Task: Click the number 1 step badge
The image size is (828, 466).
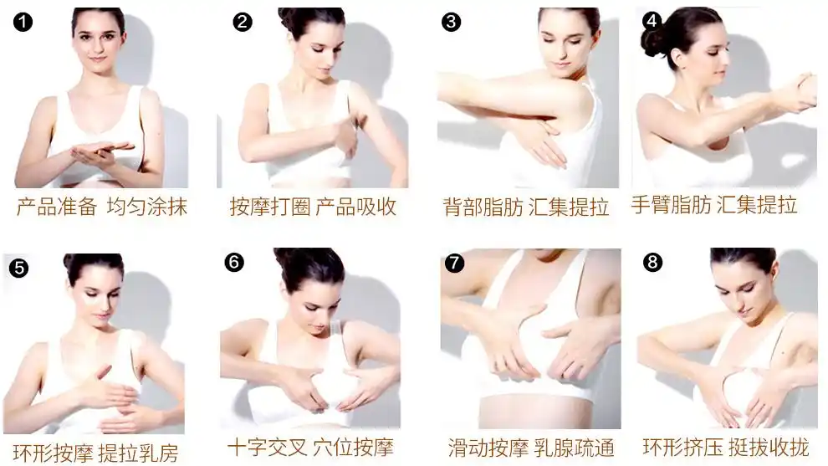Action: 23,23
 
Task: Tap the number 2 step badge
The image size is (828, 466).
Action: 243,23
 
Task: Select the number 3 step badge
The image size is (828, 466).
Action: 452,23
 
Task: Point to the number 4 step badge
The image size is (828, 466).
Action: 652,20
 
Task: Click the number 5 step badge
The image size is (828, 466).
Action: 18,268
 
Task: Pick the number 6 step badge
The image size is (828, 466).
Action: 234,263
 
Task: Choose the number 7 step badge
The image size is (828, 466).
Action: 454,264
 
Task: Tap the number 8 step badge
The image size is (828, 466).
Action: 652,263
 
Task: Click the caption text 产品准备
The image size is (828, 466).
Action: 56,207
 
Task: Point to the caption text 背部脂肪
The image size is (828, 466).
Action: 483,207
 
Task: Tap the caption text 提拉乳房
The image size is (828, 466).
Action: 138,453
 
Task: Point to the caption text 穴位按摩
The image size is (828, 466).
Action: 353,447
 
